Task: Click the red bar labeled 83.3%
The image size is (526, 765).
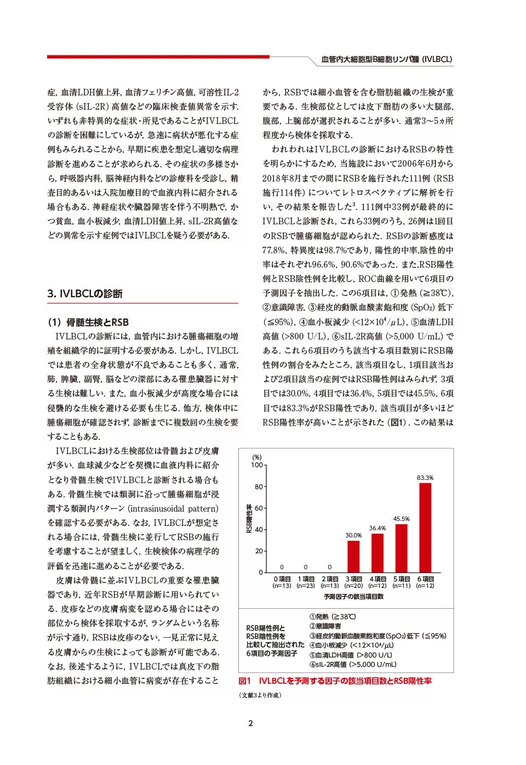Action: pos(425,528)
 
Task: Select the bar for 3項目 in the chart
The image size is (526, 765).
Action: pos(353,557)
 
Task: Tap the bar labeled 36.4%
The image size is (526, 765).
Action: pos(378,553)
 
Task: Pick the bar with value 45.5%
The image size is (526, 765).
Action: pos(401,548)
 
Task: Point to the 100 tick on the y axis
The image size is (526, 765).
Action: pos(256,465)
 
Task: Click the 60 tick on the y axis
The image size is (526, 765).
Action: pos(258,508)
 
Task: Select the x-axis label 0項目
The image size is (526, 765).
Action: pos(282,579)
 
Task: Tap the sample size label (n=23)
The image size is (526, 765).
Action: pos(306,586)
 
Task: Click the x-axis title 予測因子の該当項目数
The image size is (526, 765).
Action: pos(353,596)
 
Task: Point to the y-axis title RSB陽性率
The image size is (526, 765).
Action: pos(249,518)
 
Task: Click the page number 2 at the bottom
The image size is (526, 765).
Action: pos(251,723)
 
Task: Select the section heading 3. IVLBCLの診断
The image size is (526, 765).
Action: pos(85,293)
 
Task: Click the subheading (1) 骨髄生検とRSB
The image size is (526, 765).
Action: pos(88,322)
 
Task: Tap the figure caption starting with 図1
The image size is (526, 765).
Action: pos(335,681)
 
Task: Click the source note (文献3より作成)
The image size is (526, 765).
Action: pos(260,695)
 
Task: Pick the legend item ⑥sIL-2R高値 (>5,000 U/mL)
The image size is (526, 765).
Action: pos(352,664)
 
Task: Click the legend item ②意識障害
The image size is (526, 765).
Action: pos(325,626)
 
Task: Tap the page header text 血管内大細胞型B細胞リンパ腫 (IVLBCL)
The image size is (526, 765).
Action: pos(386,59)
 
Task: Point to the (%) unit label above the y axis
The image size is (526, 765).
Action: pos(256,457)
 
